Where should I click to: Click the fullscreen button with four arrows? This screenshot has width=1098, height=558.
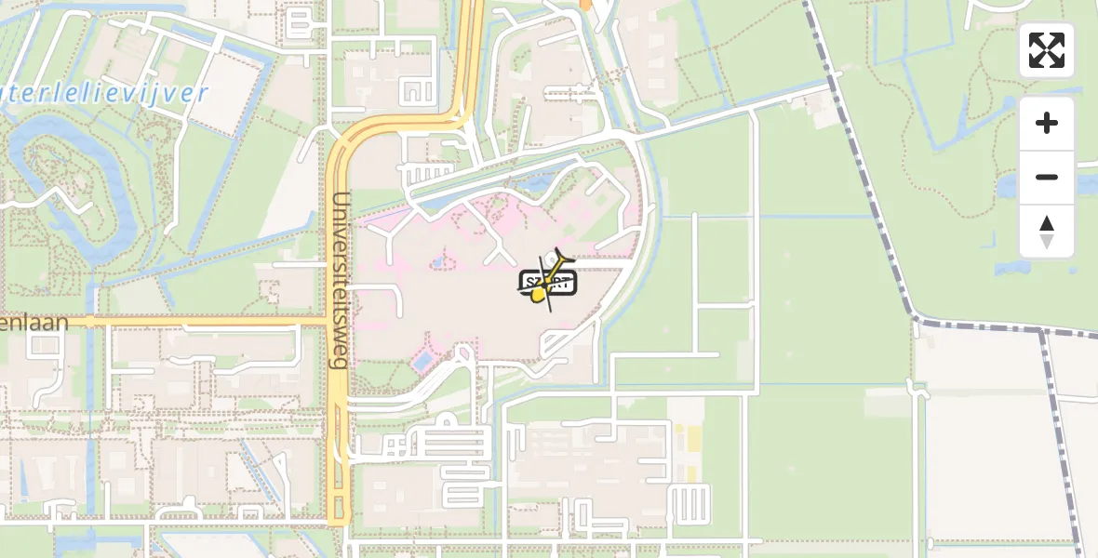pos(1047,50)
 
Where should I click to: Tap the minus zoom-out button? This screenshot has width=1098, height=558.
pos(1047,177)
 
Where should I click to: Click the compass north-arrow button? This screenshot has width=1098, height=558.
pos(1047,232)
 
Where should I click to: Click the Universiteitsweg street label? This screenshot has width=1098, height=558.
pos(341,279)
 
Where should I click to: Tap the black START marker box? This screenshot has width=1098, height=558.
pos(548,282)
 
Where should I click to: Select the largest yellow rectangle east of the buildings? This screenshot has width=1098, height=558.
pos(692,435)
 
